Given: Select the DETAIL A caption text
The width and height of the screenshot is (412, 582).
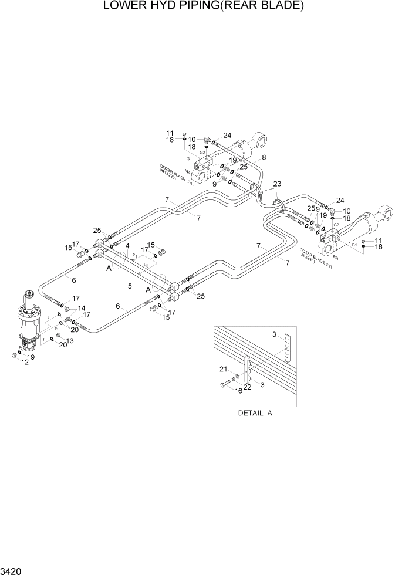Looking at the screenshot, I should [x=255, y=413].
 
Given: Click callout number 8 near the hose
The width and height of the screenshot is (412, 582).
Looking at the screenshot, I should [x=264, y=157].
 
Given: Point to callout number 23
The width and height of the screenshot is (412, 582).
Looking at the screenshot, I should [x=277, y=184].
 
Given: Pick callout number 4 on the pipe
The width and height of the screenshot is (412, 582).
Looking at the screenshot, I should [x=127, y=246].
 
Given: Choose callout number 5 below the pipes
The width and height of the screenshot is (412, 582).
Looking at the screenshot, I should [x=130, y=286].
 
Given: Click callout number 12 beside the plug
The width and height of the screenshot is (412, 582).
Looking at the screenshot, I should [x=25, y=363].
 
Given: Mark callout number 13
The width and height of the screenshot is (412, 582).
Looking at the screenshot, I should [x=70, y=341].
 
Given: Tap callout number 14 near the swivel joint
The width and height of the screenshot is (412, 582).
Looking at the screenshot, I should [x=82, y=307].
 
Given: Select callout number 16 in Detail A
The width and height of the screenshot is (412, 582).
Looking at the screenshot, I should [x=238, y=390].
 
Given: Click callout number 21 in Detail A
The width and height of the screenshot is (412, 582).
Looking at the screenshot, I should [x=223, y=368].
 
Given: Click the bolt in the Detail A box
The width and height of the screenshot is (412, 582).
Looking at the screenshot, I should [x=225, y=385].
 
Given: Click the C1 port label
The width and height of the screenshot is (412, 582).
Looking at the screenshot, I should [x=135, y=256].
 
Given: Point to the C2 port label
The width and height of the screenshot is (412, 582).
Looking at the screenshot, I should [x=146, y=265].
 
